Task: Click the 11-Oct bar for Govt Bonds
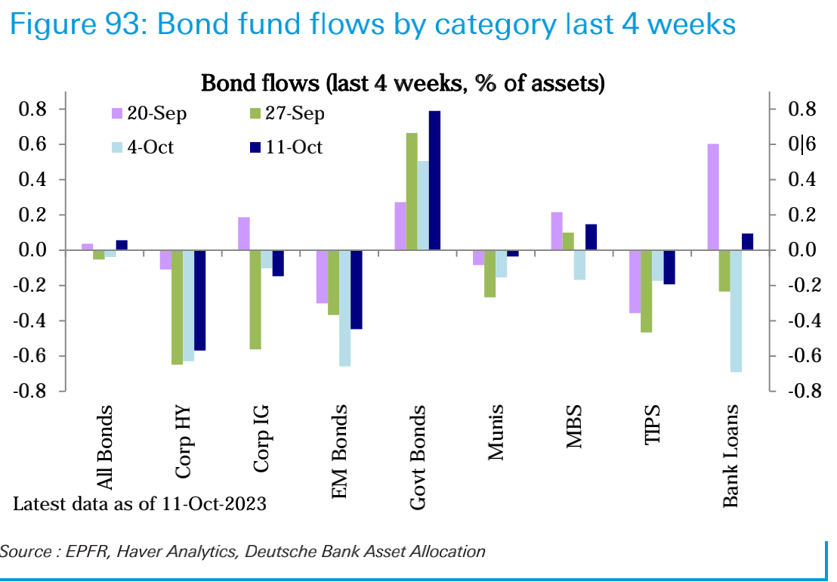pyautogui.click(x=434, y=181)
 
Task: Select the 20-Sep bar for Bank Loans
pyautogui.click(x=713, y=197)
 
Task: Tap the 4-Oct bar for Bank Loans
pyautogui.click(x=736, y=311)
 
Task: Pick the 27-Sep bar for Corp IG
pyautogui.click(x=255, y=299)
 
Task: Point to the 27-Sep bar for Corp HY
pyautogui.click(x=177, y=307)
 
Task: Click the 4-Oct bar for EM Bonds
pyautogui.click(x=345, y=308)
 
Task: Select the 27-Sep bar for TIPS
pyautogui.click(x=647, y=291)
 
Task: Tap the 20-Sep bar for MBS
pyautogui.click(x=557, y=231)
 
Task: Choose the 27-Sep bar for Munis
pyautogui.click(x=490, y=274)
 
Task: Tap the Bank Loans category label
pyautogui.click(x=730, y=456)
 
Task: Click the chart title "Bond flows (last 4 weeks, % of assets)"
pyautogui.click(x=402, y=83)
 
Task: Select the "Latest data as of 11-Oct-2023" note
pyautogui.click(x=140, y=504)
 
